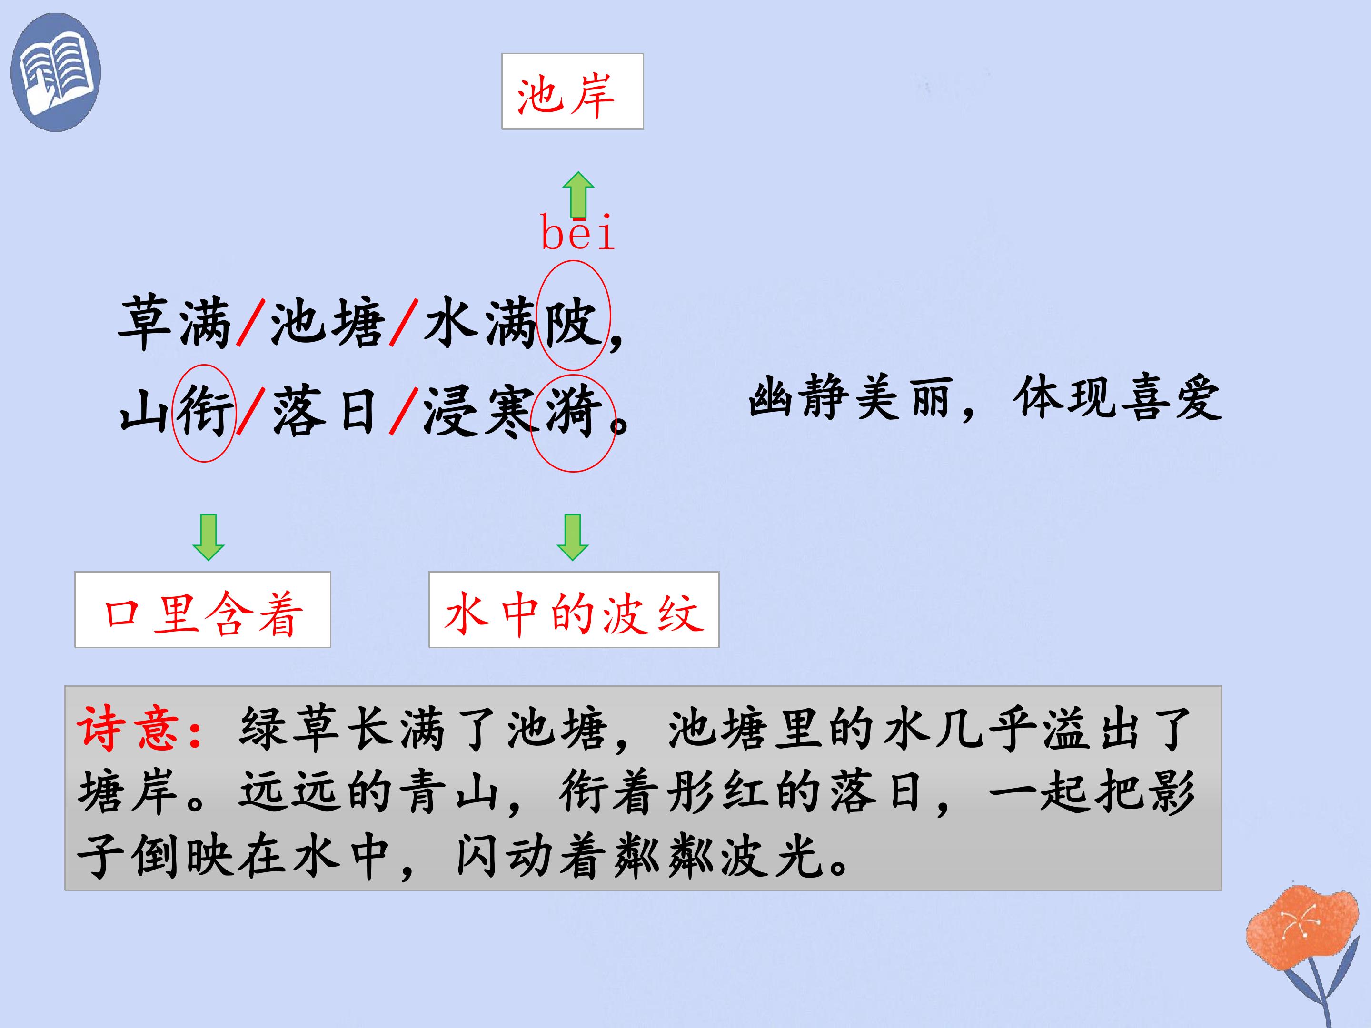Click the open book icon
coord(55,72)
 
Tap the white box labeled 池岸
coord(572,91)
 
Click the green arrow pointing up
coord(578,195)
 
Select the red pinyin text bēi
coord(577,232)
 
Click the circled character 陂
coord(572,322)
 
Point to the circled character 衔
coord(205,412)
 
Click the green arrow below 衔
coord(208,537)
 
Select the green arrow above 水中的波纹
coord(572,537)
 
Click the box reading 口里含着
coord(203,610)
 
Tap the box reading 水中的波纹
coord(574,610)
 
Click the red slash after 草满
coord(250,322)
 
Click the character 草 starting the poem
coord(144,322)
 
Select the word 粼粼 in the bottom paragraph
coord(666,858)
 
